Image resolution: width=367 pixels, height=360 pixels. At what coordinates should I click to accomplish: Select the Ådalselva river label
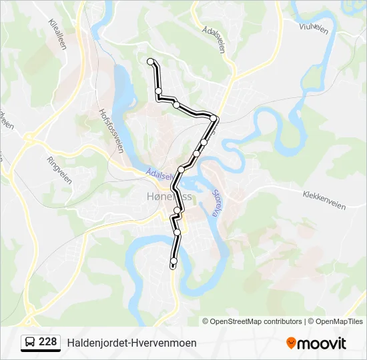(160, 173)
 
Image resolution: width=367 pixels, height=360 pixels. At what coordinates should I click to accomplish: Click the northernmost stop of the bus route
(151, 62)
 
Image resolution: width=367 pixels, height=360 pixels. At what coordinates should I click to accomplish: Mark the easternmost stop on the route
(214, 119)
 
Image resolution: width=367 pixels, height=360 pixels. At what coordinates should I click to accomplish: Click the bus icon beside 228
(30, 342)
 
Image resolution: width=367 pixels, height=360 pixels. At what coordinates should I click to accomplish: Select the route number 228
(47, 342)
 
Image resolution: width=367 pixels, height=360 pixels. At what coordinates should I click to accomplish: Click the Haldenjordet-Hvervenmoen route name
(131, 343)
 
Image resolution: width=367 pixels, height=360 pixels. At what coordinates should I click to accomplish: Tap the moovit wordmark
(322, 343)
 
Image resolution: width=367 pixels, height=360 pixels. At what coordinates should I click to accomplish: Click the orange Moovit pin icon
(291, 343)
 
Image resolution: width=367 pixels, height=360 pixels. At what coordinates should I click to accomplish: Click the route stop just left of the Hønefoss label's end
(177, 211)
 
